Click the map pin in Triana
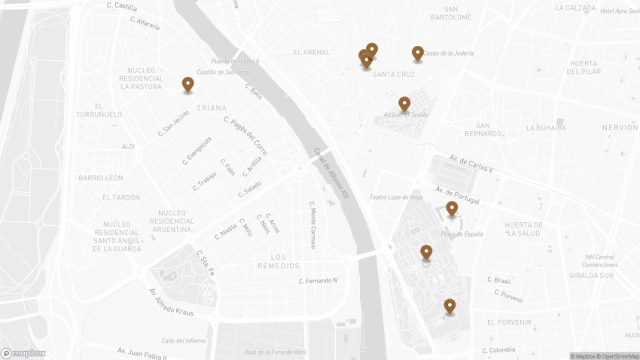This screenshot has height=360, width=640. [187, 84]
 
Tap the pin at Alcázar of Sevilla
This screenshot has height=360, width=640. [404, 103]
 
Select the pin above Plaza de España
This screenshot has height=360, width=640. [452, 208]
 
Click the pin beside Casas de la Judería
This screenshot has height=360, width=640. [418, 53]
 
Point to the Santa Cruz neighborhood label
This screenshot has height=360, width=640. [394, 75]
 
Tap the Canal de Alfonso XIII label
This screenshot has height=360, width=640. [332, 172]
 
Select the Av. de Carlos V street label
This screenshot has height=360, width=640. [471, 163]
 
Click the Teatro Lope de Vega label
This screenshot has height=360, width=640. [395, 197]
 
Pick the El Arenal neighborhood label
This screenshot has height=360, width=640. [312, 52]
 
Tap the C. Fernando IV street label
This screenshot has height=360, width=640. [318, 281]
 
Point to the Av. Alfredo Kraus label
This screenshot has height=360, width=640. [171, 301]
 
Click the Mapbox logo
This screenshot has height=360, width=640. [23, 353]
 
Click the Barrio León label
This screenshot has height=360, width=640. [100, 178]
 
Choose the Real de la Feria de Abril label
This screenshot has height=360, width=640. [275, 352]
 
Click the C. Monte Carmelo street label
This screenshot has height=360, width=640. [312, 224]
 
